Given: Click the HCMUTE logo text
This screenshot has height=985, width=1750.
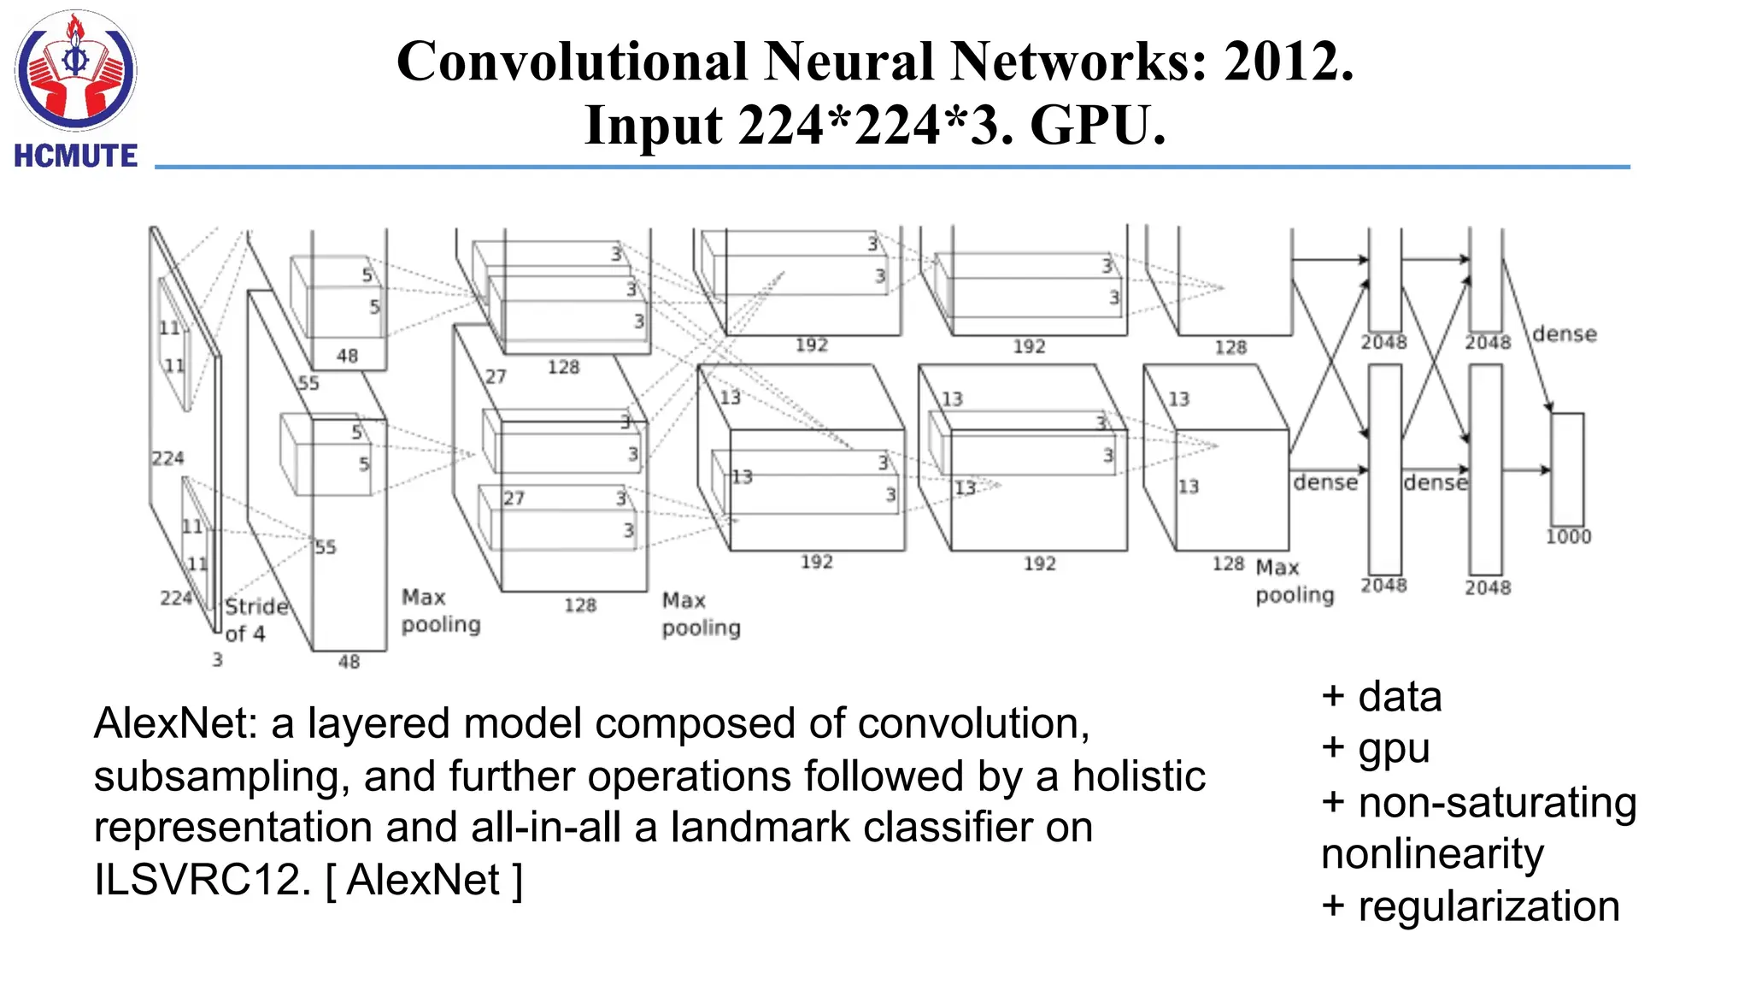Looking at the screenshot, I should [x=75, y=156].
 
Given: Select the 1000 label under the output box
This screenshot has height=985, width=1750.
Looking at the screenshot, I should [x=1568, y=537].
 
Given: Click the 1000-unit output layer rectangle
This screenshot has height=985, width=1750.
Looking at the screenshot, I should [x=1567, y=469].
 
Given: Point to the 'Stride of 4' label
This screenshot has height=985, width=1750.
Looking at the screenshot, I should [x=254, y=620].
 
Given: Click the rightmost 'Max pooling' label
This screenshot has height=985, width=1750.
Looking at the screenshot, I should [x=1294, y=581].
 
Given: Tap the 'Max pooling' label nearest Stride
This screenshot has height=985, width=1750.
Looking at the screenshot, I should [x=440, y=610].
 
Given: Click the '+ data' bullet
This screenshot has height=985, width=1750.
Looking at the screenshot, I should [x=1381, y=696].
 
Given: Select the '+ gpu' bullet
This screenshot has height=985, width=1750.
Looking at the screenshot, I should [x=1375, y=748].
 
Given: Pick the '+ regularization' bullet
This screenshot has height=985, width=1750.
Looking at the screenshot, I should [x=1470, y=905].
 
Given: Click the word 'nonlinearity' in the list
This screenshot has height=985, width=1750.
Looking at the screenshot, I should [x=1432, y=853].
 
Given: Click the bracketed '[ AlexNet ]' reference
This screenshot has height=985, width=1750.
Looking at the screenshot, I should [x=424, y=880].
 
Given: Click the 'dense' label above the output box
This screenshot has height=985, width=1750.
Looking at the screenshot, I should [x=1564, y=334].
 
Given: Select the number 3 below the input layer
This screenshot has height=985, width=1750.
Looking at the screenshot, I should [x=217, y=659].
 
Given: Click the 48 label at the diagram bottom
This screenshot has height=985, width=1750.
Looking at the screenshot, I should [x=349, y=661].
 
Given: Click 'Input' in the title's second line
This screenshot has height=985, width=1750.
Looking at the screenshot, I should [x=653, y=125].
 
